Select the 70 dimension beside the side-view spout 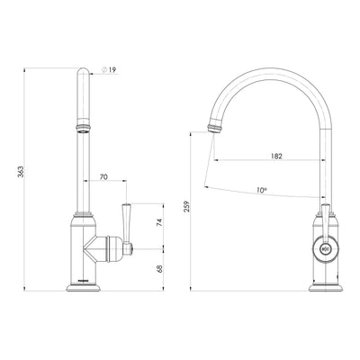coord(104,180)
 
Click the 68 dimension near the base coord(157,266)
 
